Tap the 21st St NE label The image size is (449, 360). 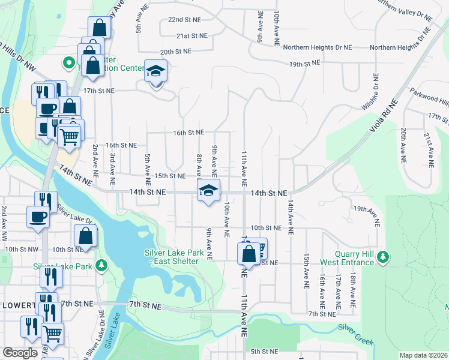191,36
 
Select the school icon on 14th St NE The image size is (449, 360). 208,190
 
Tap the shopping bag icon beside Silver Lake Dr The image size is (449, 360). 85,236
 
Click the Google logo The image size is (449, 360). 20,353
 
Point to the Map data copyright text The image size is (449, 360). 423,355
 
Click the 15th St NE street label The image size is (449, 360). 170,176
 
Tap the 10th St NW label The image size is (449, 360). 21,249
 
